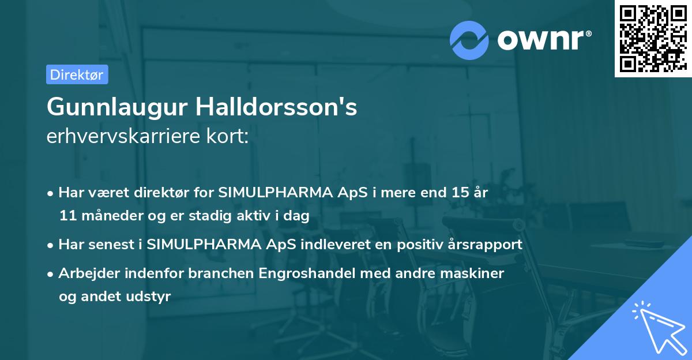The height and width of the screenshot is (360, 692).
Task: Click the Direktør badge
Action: click(77, 74)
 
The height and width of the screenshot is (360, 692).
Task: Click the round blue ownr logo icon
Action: click(469, 40)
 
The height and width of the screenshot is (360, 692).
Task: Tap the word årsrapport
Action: click(488, 244)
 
